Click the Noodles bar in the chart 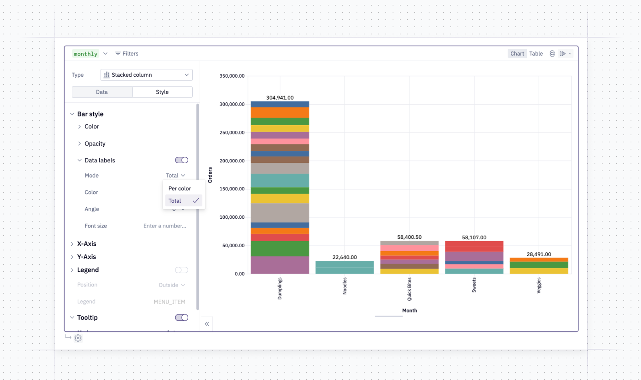point(345,267)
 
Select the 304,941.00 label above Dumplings point(280,98)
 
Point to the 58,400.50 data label point(409,237)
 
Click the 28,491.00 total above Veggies point(539,254)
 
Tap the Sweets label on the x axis point(474,285)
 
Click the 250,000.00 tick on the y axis point(232,132)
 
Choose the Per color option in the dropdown point(179,188)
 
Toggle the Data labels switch point(182,160)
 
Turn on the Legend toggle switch point(182,270)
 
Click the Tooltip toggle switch point(182,318)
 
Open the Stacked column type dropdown point(147,75)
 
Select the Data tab point(102,92)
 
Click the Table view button point(536,54)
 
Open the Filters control point(127,54)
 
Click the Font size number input point(165,226)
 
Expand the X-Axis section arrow point(72,244)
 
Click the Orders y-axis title point(210,175)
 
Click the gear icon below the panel point(78,338)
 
